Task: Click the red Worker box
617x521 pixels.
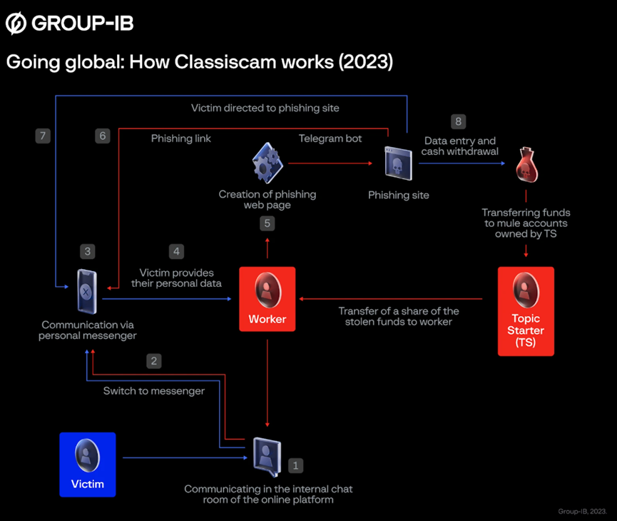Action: (x=267, y=299)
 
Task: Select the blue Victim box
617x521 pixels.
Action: (x=87, y=464)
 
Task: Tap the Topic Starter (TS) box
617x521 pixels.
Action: (x=526, y=310)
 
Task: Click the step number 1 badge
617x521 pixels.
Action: (x=295, y=465)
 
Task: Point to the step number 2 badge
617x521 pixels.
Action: (x=153, y=360)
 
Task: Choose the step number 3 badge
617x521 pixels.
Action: (x=87, y=251)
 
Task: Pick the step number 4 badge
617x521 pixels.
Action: (x=176, y=251)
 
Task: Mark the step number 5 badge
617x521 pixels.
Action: (x=267, y=223)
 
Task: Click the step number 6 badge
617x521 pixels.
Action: (x=103, y=136)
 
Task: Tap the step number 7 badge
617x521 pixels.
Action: (x=42, y=136)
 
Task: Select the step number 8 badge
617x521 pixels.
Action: (x=458, y=121)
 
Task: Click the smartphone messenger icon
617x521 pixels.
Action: (x=87, y=290)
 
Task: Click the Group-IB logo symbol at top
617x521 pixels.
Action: (x=15, y=24)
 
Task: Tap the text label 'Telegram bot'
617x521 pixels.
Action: (x=330, y=138)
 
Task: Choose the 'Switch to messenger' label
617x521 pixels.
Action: (x=154, y=390)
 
